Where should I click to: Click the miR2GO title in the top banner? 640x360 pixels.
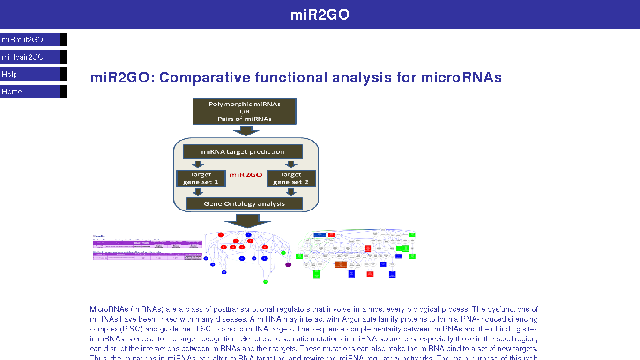[x=320, y=15]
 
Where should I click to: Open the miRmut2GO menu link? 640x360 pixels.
[x=22, y=40]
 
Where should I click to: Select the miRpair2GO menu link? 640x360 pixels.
[x=22, y=57]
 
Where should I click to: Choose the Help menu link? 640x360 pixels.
[x=10, y=75]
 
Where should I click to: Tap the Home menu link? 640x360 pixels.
[x=12, y=92]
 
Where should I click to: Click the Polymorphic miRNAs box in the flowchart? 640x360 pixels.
[x=244, y=112]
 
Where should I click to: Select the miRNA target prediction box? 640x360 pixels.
[x=242, y=152]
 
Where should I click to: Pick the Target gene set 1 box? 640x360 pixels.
[x=201, y=178]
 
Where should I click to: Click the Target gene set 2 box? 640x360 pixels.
[x=290, y=178]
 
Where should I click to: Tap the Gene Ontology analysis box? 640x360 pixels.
[x=244, y=204]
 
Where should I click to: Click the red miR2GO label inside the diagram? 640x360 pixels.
[x=246, y=175]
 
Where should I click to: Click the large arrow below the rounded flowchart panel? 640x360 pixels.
[x=247, y=220]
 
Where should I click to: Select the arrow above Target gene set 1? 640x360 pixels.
[x=198, y=164]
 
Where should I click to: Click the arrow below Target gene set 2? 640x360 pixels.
[x=291, y=192]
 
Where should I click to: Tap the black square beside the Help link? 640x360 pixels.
[x=64, y=75]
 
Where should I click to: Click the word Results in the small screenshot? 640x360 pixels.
[x=99, y=236]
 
